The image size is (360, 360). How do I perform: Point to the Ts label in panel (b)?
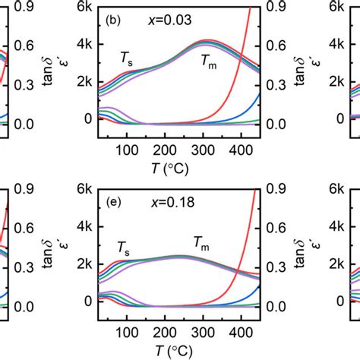[126, 58]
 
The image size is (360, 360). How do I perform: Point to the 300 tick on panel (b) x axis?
[239, 148]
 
